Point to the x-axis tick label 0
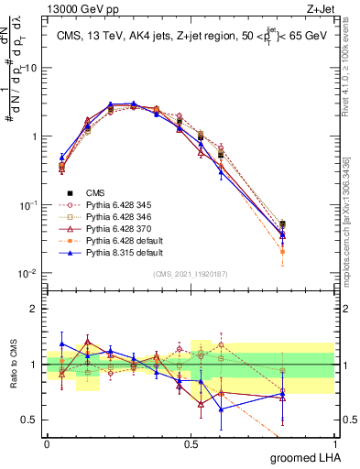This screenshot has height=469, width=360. coord(47,444)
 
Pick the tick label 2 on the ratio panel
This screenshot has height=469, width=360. coord(36,309)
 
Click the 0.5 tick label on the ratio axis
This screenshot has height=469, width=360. coord(31,420)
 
